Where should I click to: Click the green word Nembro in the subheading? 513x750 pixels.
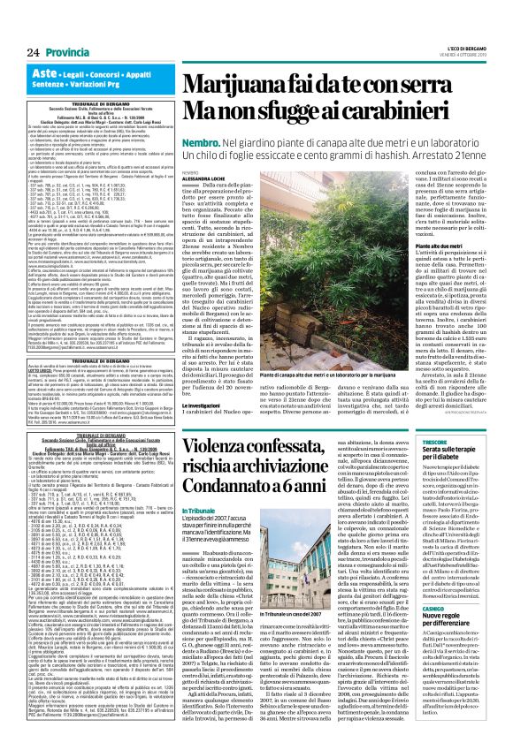[200, 140]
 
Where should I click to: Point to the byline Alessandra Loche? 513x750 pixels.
[205, 178]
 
